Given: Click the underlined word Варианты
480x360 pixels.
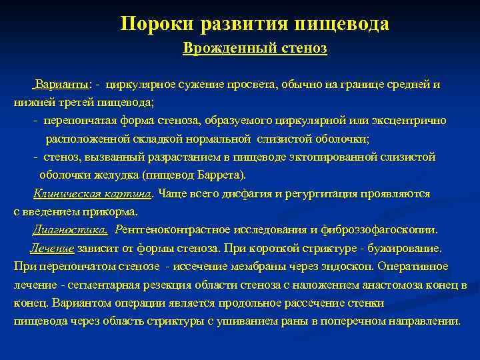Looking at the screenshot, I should coord(63,85).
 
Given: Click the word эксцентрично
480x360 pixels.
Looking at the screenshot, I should coord(416,121).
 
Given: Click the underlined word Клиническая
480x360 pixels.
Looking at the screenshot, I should coord(67,193).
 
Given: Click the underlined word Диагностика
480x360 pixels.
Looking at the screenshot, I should coord(70,230).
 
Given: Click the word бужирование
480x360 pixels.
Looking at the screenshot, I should coord(407,248).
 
